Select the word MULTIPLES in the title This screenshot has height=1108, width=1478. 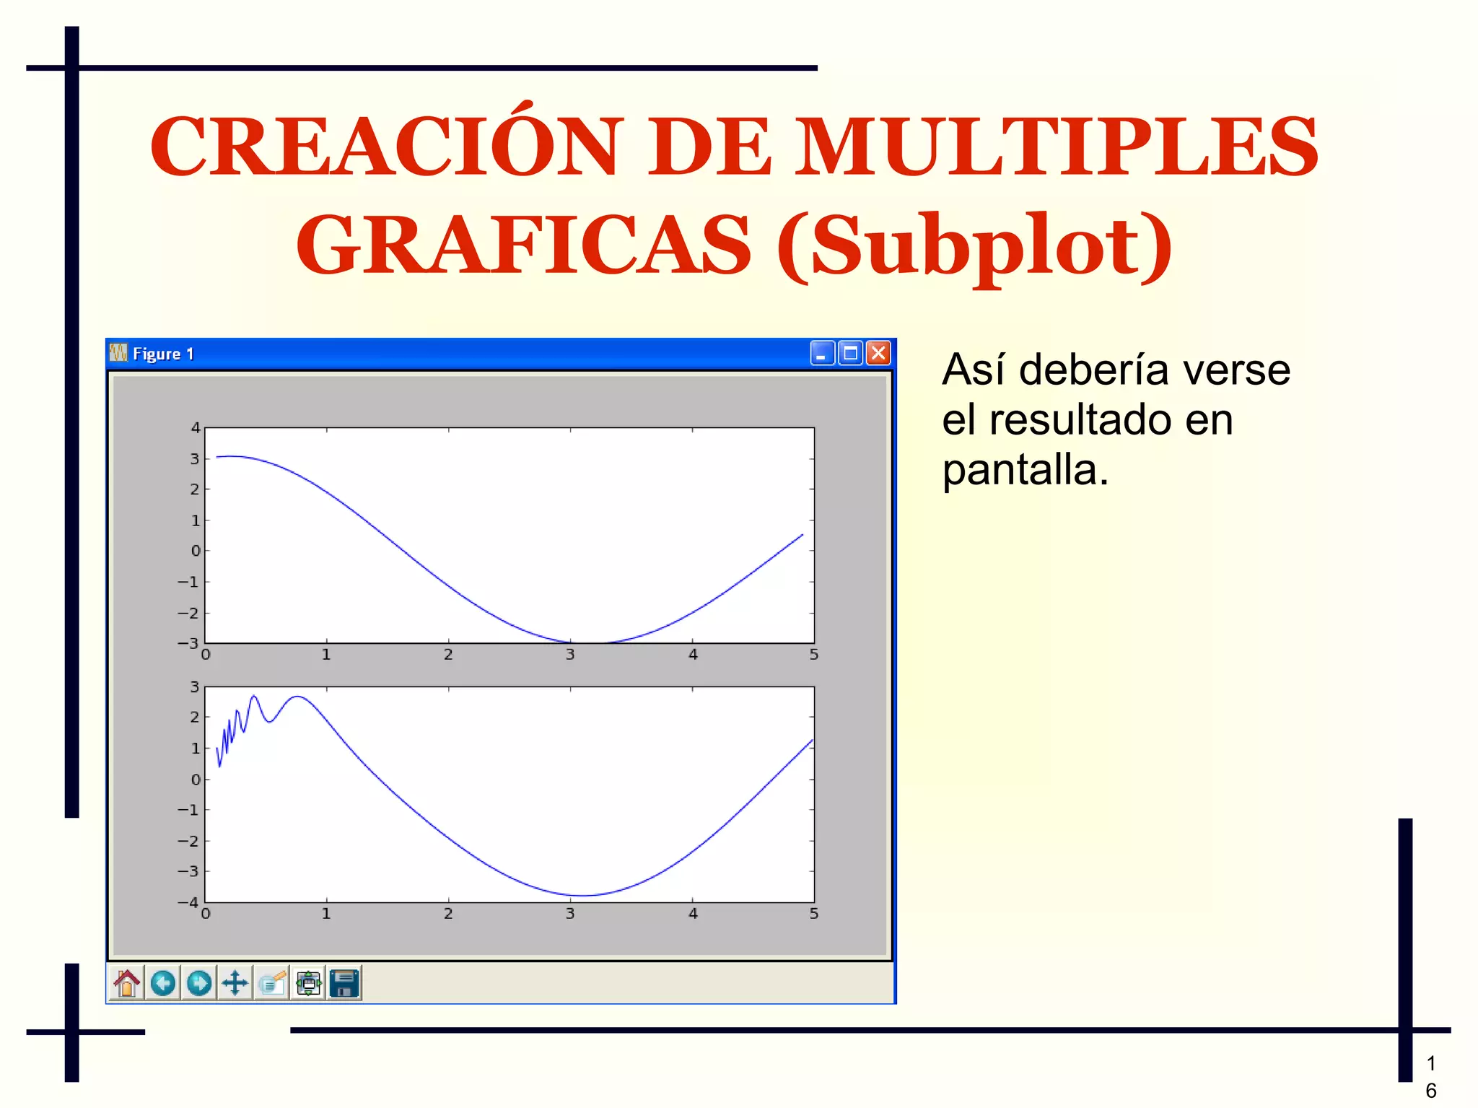pos(1057,147)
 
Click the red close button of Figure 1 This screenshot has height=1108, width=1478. pos(878,353)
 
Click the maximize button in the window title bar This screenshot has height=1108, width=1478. pos(851,353)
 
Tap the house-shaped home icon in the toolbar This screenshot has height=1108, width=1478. pos(127,983)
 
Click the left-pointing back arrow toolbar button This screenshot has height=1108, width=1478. pos(163,983)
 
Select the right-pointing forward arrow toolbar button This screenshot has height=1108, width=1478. pos(199,983)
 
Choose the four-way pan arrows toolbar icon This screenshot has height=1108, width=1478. pos(235,983)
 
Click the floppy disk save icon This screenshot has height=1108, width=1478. pos(344,983)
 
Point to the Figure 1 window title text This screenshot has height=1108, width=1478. pos(163,354)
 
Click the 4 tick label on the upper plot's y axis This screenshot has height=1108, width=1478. pos(195,428)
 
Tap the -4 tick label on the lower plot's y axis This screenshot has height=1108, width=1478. pos(188,902)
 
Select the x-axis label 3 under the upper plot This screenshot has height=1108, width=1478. pos(570,655)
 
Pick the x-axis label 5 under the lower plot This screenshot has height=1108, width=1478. pos(814,914)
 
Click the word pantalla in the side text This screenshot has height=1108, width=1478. pos(1025,470)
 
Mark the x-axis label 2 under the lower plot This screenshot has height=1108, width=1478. pos(448,914)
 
